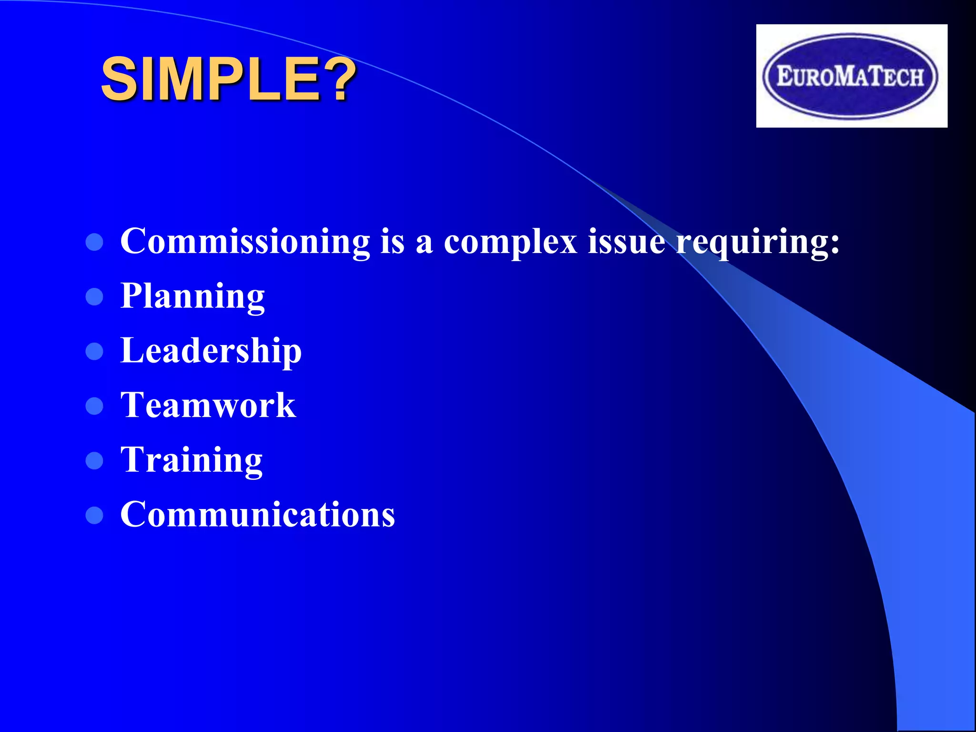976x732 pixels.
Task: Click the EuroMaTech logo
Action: (851, 76)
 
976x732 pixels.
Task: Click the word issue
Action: (626, 242)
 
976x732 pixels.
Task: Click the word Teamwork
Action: (208, 406)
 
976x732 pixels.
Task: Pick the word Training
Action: (191, 461)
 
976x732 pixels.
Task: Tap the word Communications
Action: (257, 515)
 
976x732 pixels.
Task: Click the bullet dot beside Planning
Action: (94, 297)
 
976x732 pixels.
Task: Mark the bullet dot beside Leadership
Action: (94, 352)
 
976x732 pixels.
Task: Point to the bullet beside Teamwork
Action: (94, 407)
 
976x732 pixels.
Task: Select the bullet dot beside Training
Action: (94, 461)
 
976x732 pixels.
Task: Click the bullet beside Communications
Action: (94, 515)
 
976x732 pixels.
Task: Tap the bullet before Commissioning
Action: (94, 242)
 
